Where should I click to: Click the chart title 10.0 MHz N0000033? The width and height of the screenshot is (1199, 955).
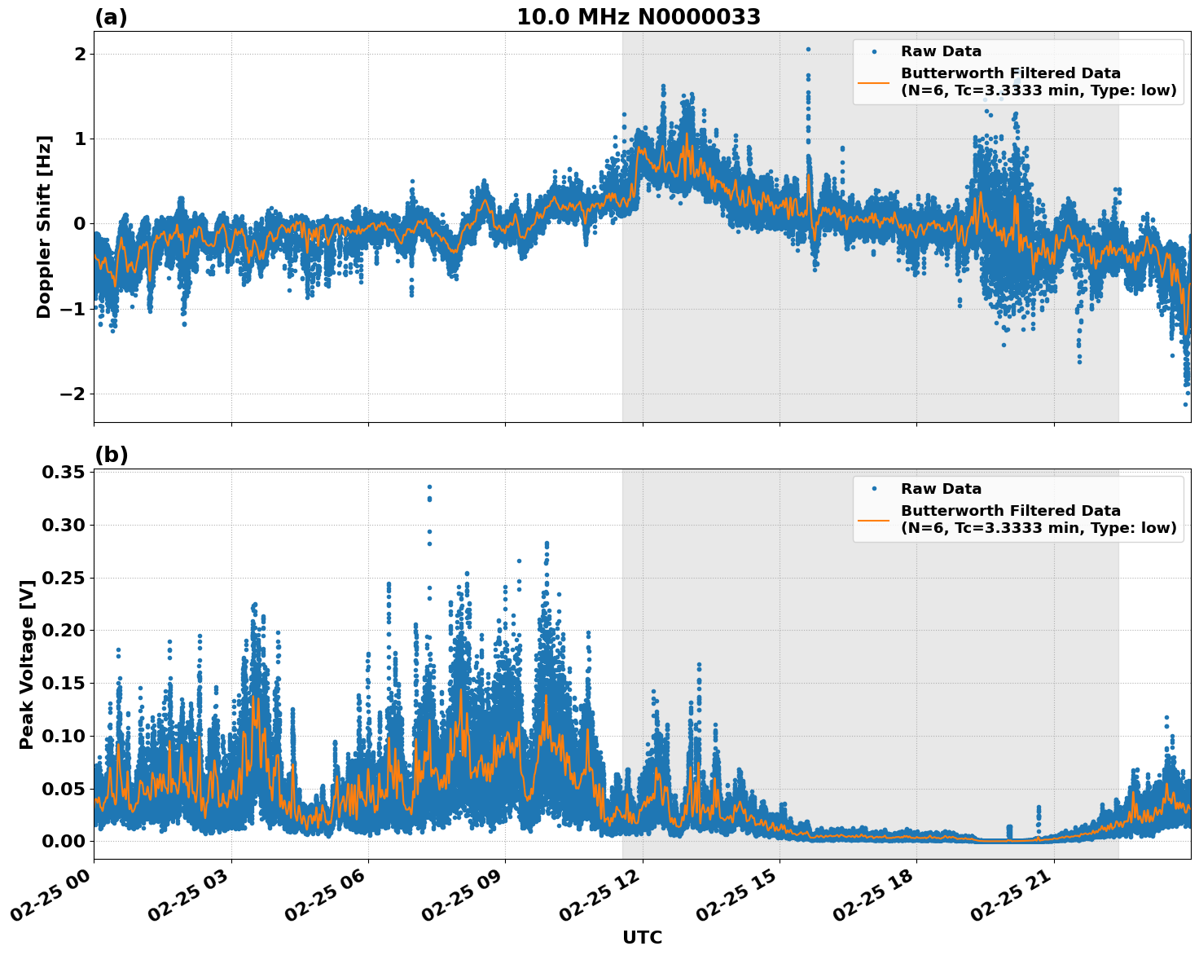(x=638, y=17)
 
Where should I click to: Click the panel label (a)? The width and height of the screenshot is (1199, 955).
(x=111, y=17)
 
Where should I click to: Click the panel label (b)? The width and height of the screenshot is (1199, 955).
(x=111, y=455)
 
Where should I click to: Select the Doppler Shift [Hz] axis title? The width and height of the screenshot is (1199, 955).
(x=44, y=227)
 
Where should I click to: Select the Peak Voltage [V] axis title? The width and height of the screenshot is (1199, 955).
(x=27, y=664)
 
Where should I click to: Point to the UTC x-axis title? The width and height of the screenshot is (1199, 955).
(x=642, y=937)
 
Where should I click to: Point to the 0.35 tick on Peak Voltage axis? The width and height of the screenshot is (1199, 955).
(x=64, y=473)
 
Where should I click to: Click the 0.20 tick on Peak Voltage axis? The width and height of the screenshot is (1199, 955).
(x=64, y=631)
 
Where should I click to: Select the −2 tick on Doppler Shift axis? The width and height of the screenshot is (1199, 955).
(x=74, y=394)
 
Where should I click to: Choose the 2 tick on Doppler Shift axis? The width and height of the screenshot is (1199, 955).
(x=80, y=55)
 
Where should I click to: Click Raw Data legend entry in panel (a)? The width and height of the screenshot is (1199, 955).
(x=941, y=51)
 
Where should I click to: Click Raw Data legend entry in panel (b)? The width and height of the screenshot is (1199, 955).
(x=941, y=489)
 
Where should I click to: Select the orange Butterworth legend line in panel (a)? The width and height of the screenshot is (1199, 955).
(x=873, y=82)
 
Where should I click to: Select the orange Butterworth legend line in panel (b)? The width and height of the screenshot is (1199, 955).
(x=873, y=520)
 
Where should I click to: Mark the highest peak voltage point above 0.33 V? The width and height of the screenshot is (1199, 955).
(x=429, y=487)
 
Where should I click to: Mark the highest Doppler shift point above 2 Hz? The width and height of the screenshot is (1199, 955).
(x=808, y=49)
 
